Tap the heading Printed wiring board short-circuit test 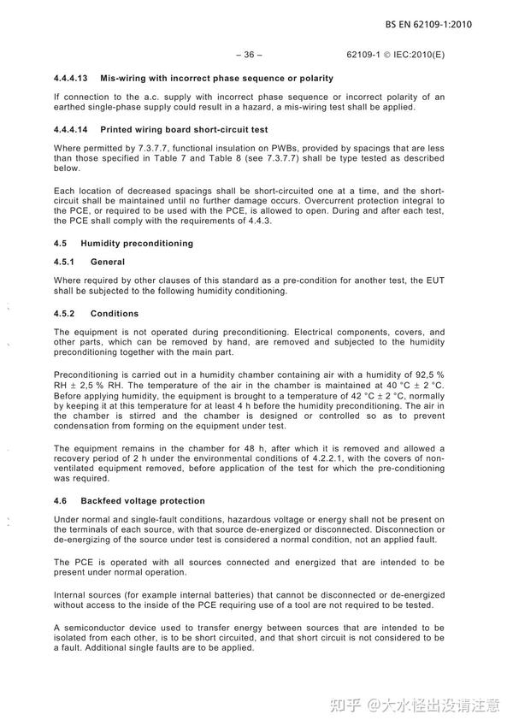pyautogui.click(x=184, y=130)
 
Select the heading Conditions pyautogui.click(x=115, y=314)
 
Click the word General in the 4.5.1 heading pyautogui.click(x=108, y=262)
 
